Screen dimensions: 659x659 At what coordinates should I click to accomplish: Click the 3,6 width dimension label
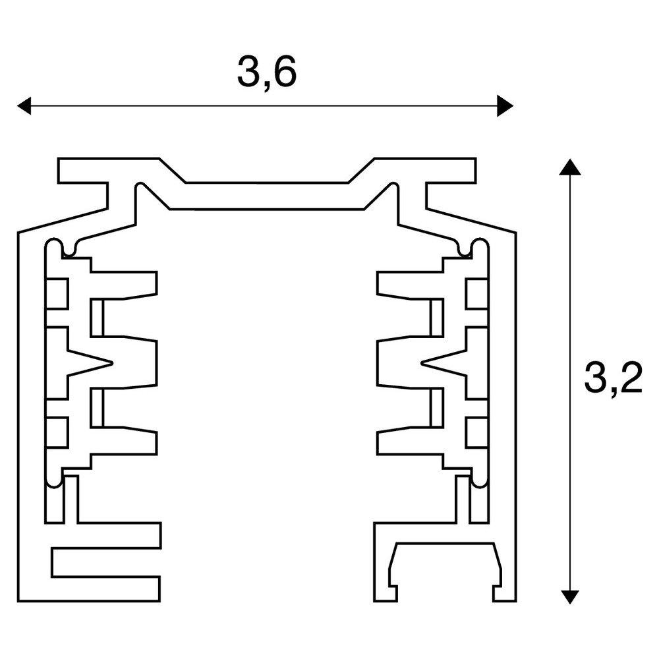pyautogui.click(x=267, y=72)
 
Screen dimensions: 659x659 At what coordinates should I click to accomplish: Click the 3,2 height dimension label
pyautogui.click(x=613, y=377)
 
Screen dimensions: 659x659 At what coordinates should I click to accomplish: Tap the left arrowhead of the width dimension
pyautogui.click(x=24, y=105)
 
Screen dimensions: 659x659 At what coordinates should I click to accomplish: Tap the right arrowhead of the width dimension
pyautogui.click(x=505, y=105)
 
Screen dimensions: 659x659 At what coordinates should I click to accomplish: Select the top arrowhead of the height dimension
pyautogui.click(x=570, y=167)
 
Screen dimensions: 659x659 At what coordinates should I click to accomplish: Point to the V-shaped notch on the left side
pyautogui.click(x=90, y=362)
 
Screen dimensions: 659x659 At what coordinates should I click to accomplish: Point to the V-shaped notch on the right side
pyautogui.click(x=444, y=362)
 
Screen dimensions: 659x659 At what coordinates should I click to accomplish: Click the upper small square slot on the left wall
pyautogui.click(x=57, y=293)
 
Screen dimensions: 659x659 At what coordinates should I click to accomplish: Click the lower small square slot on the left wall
pyautogui.click(x=57, y=432)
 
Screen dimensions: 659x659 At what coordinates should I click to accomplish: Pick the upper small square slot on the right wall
pyautogui.click(x=476, y=293)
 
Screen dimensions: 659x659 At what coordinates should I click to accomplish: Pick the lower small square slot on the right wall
pyautogui.click(x=476, y=432)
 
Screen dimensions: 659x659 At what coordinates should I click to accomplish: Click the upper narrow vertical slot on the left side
pyautogui.click(x=97, y=318)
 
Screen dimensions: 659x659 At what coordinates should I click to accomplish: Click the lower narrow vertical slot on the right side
pyautogui.click(x=437, y=408)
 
